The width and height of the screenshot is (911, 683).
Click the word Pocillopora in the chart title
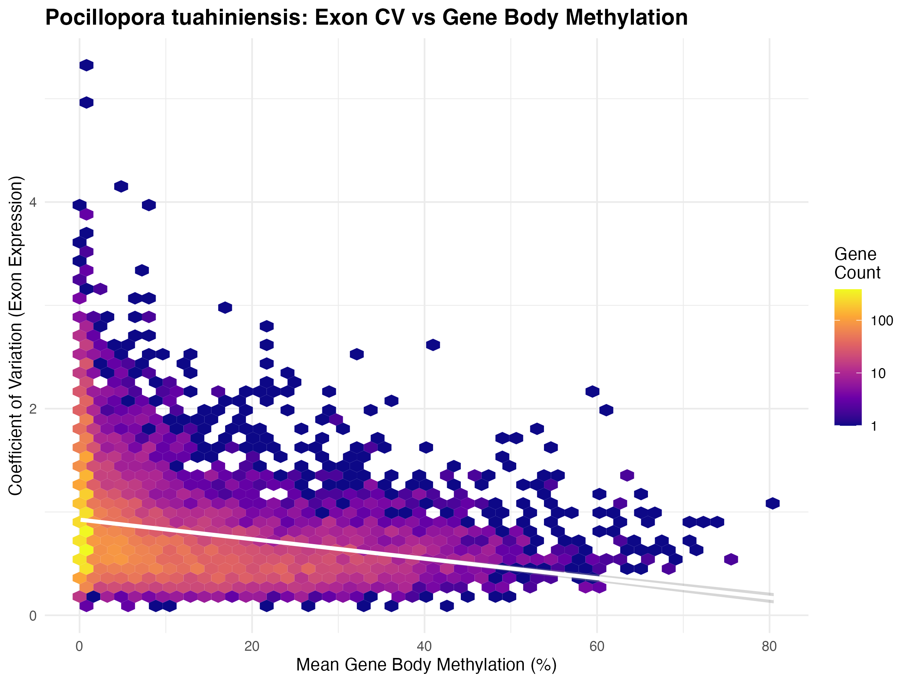106,18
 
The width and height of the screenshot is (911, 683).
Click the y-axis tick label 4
33,203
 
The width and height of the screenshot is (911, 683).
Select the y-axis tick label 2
33,409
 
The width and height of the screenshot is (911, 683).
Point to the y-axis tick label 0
33,616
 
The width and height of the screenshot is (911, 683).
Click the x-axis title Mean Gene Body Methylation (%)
426,665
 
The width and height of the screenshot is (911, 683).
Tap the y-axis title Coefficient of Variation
16,335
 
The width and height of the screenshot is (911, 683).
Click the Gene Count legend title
857,263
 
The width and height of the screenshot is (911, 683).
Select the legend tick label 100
882,321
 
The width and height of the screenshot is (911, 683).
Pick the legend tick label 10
878,373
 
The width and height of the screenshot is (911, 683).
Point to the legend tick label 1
874,426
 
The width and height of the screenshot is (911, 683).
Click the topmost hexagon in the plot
87,65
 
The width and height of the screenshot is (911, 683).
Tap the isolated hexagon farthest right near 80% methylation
772,503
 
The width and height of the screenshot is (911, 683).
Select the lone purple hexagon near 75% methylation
731,559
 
